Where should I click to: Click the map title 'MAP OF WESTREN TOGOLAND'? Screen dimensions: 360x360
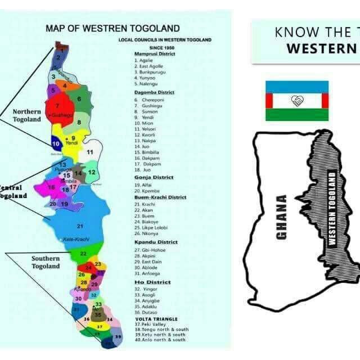[x=112, y=28]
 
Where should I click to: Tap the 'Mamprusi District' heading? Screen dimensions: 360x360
[x=154, y=53]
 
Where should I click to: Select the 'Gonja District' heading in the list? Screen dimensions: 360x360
[x=154, y=177]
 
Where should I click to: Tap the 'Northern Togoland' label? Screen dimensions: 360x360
[x=27, y=115]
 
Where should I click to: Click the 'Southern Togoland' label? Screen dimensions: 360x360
[x=46, y=263]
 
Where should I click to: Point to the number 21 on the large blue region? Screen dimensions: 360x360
[x=80, y=226]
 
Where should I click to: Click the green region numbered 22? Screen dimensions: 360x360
[x=83, y=254]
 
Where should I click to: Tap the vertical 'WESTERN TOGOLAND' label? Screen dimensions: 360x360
[x=332, y=208]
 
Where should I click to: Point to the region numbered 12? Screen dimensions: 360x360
[x=91, y=172]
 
